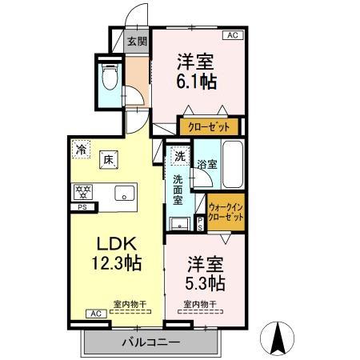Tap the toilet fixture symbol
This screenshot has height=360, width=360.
point(110,76)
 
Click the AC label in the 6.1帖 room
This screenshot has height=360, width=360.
point(233,36)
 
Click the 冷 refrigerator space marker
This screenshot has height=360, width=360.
point(81,147)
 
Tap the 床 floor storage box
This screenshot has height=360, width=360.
point(107,159)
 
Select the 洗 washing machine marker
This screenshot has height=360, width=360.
point(179,156)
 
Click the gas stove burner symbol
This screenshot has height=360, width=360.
point(82,191)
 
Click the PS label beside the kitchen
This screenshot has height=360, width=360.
point(80,209)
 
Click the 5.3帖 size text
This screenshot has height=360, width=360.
point(206,283)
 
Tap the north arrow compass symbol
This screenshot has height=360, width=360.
point(280,337)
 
